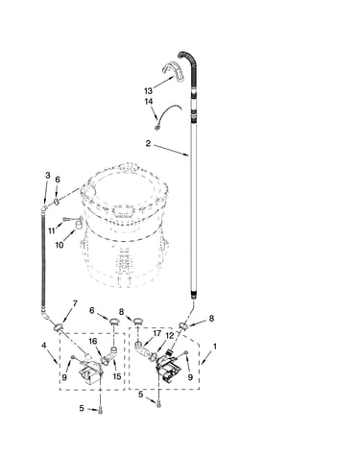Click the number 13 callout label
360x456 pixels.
148,91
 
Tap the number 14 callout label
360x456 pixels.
149,101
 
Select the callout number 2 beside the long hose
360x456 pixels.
148,143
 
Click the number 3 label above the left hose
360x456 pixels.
48,175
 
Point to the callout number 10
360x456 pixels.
60,245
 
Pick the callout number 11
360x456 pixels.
52,230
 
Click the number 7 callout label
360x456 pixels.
75,303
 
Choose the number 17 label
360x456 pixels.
156,333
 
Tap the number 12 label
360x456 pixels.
170,336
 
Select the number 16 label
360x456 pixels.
93,341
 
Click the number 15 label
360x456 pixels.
117,376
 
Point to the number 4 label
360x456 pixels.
44,346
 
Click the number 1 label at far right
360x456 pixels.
215,347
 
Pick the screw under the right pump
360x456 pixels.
158,404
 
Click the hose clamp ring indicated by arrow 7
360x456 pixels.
59,327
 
